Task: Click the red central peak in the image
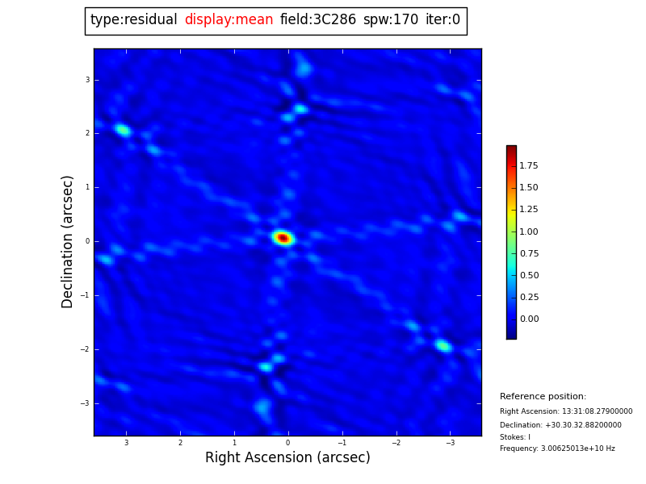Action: coord(283,238)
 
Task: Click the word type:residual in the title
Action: coord(134,20)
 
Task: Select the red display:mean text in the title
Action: coord(229,20)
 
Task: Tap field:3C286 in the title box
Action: coord(318,20)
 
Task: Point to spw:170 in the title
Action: coord(391,20)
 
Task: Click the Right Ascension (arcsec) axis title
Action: coord(287,458)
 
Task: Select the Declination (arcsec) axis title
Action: coord(68,241)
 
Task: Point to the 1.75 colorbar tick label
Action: coord(529,166)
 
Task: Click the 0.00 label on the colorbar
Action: coord(529,319)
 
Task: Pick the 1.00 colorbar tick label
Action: coord(529,232)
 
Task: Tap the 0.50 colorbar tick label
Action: coord(529,276)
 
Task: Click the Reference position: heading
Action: coord(543,397)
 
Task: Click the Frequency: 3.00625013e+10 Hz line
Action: coord(557,449)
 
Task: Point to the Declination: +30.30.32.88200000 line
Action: coord(560,425)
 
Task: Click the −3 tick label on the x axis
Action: coord(450,443)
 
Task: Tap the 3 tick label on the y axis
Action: coord(87,80)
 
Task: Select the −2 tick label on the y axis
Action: coord(86,349)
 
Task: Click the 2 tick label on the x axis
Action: coord(180,443)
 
